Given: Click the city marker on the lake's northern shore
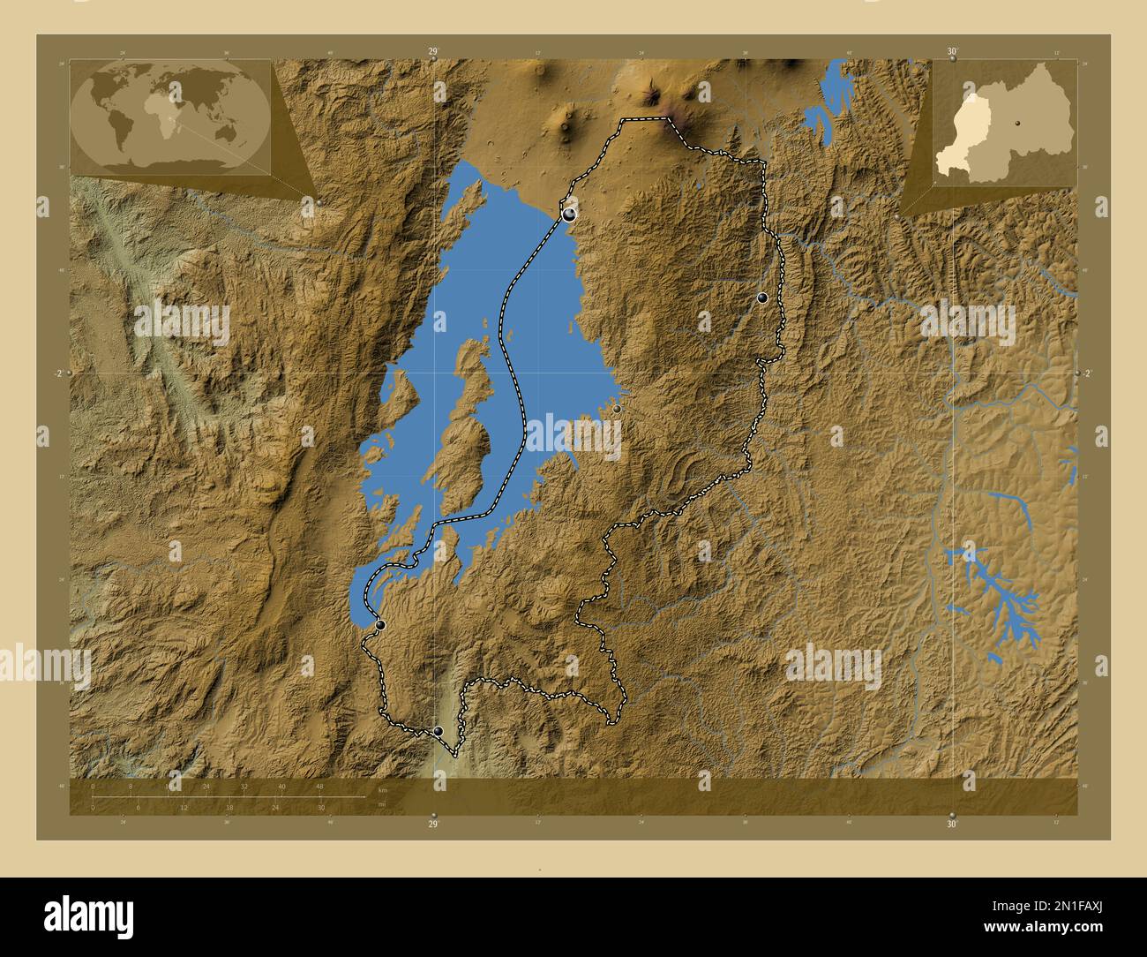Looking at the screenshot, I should [x=569, y=214].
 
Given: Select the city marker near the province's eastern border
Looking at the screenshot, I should [x=762, y=298].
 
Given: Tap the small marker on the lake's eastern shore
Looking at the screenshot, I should [x=617, y=409].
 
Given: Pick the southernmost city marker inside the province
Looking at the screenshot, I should [x=439, y=731].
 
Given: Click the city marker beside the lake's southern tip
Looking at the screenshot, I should [x=380, y=625].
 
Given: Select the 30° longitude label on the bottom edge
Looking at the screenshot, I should [x=951, y=824].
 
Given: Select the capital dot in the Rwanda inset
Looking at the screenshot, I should [x=1017, y=123].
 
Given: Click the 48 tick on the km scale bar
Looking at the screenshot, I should [x=319, y=786].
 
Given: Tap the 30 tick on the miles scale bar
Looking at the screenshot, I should [x=321, y=807].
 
